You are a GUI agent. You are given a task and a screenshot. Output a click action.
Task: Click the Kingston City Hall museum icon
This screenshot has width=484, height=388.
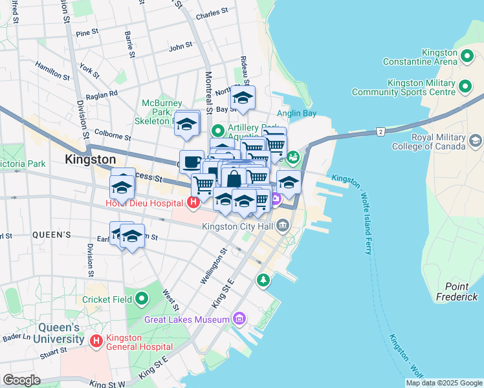283,226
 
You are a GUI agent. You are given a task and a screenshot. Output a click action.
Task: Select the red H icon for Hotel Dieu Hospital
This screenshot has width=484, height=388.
193,204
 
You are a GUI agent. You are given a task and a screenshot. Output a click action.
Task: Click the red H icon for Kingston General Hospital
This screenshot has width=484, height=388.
96,340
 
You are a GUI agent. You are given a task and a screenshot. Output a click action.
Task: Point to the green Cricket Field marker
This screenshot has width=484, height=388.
141,299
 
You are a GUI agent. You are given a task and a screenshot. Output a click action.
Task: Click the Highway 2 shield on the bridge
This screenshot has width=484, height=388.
380,132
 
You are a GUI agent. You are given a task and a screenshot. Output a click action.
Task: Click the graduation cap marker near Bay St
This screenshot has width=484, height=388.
243,98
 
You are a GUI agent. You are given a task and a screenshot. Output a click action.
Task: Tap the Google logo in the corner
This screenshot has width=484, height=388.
21,380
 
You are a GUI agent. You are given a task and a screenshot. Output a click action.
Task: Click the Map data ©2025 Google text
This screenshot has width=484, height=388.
443,383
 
